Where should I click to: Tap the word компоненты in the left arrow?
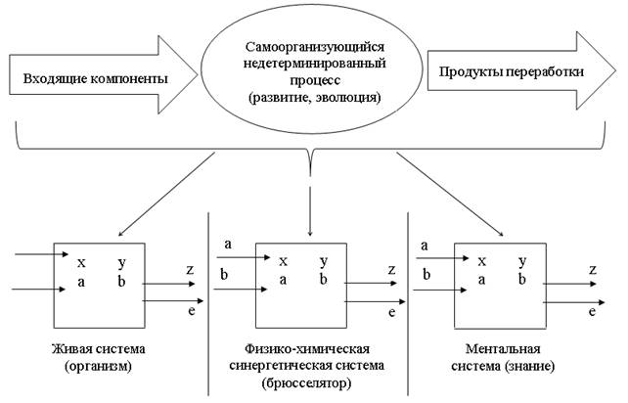tap(129, 79)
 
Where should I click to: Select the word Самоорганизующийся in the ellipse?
tap(315, 47)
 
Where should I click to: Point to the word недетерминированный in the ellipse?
tap(315, 64)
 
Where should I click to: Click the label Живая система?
tap(99, 348)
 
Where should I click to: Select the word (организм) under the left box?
tap(98, 366)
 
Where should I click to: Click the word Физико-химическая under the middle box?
tap(307, 348)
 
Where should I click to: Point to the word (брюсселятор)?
tap(306, 383)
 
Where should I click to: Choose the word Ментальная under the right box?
tap(503, 348)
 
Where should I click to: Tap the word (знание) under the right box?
tap(529, 366)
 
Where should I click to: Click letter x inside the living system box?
tap(81, 262)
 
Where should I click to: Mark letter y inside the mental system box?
tap(522, 261)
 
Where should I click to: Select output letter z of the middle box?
tap(391, 269)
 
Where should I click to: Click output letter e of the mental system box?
tap(593, 312)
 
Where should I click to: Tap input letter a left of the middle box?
tap(228, 244)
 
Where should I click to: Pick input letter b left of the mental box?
tap(426, 275)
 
